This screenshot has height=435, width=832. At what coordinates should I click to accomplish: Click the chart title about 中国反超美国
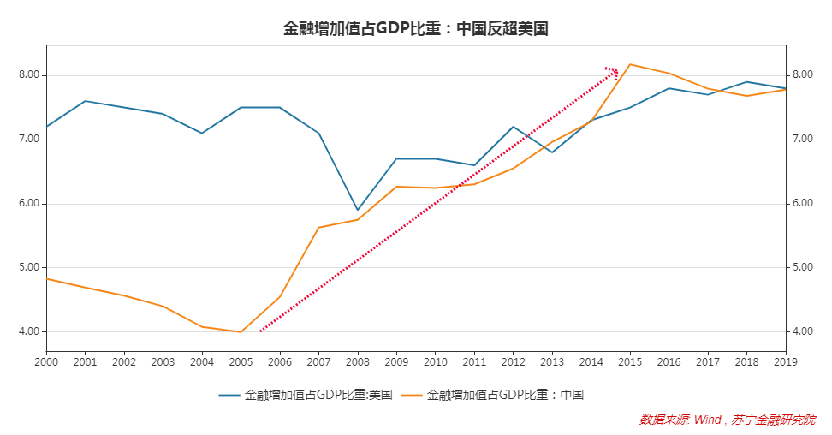coord(415,28)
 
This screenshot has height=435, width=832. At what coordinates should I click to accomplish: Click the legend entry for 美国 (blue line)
coord(306,395)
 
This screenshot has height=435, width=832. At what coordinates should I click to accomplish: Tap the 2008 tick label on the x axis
coord(357,361)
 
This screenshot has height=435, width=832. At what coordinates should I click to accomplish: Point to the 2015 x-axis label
coord(629,361)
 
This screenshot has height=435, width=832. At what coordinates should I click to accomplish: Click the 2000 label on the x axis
coord(46,361)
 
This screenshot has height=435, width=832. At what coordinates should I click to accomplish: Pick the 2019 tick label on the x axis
coord(785,361)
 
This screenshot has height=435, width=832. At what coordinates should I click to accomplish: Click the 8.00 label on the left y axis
coord(30,75)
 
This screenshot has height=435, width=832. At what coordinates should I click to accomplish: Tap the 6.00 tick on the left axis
coord(30,204)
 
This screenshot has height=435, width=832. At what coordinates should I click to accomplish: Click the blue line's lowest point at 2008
coord(357,210)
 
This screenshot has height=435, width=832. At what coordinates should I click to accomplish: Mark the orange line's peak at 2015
coord(630,64)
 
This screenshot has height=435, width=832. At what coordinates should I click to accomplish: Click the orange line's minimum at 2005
coord(241,331)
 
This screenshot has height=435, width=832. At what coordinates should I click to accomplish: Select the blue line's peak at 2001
coord(85,101)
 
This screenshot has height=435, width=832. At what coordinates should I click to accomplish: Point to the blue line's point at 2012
coord(513,127)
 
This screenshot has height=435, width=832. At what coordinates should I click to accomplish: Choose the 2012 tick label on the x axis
coord(513,361)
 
